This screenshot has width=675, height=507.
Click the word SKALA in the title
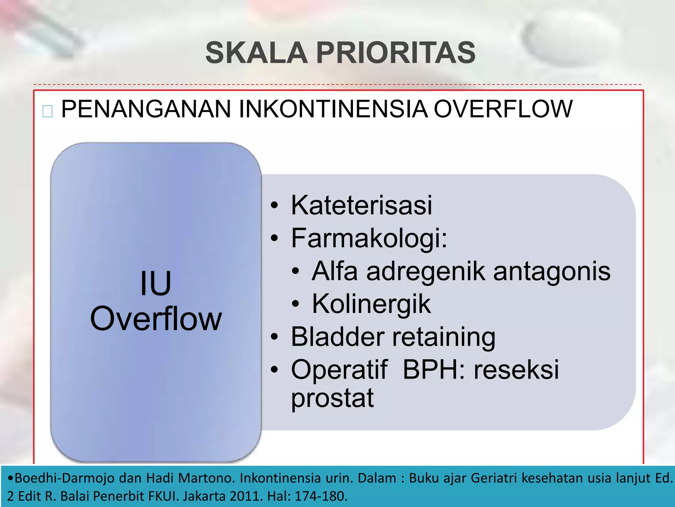(x=256, y=53)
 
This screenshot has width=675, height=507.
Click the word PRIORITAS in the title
(x=396, y=53)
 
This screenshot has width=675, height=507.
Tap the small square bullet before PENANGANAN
(x=47, y=112)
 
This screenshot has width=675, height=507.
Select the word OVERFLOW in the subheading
(x=503, y=109)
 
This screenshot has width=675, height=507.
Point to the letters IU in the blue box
(x=156, y=284)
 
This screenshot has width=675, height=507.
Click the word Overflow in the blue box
(x=156, y=319)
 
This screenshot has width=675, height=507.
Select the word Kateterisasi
(x=361, y=205)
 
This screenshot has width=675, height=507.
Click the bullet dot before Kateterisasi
(x=274, y=205)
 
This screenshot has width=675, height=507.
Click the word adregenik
(x=426, y=271)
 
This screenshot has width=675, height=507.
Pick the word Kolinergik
(x=371, y=304)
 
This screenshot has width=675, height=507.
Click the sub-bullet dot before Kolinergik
(x=296, y=304)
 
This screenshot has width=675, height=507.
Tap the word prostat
(x=332, y=398)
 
